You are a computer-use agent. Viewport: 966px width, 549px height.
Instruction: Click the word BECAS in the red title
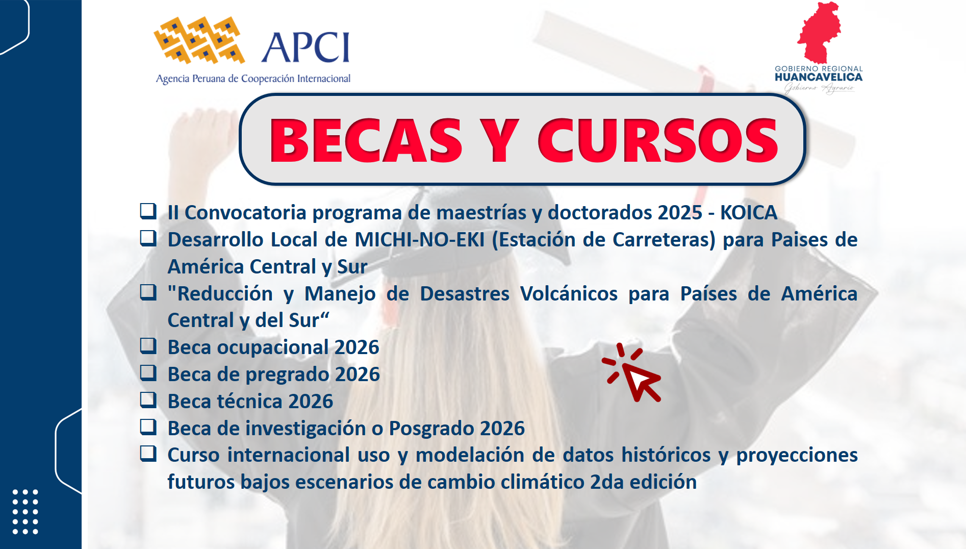[366, 140]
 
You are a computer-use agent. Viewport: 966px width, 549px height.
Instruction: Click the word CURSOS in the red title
[658, 140]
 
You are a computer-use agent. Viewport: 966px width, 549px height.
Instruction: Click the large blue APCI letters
[306, 47]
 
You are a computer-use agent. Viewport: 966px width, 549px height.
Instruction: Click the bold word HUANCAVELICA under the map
[819, 77]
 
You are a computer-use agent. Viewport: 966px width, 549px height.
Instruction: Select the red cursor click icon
[632, 372]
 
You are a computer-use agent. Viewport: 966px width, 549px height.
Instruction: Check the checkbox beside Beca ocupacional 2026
[148, 346]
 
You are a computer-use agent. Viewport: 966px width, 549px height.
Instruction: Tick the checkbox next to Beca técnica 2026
[148, 400]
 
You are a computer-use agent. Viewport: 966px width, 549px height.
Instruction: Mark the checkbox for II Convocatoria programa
[148, 211]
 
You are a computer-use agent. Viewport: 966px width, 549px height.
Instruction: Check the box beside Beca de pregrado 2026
[148, 372]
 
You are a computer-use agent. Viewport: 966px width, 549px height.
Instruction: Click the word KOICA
[749, 213]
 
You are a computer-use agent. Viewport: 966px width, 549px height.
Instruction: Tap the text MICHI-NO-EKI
[420, 240]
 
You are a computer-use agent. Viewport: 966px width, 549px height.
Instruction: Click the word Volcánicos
[569, 294]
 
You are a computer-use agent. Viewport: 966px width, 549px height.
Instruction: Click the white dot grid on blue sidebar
[25, 512]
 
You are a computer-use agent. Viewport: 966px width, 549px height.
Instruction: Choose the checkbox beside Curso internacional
[148, 453]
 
